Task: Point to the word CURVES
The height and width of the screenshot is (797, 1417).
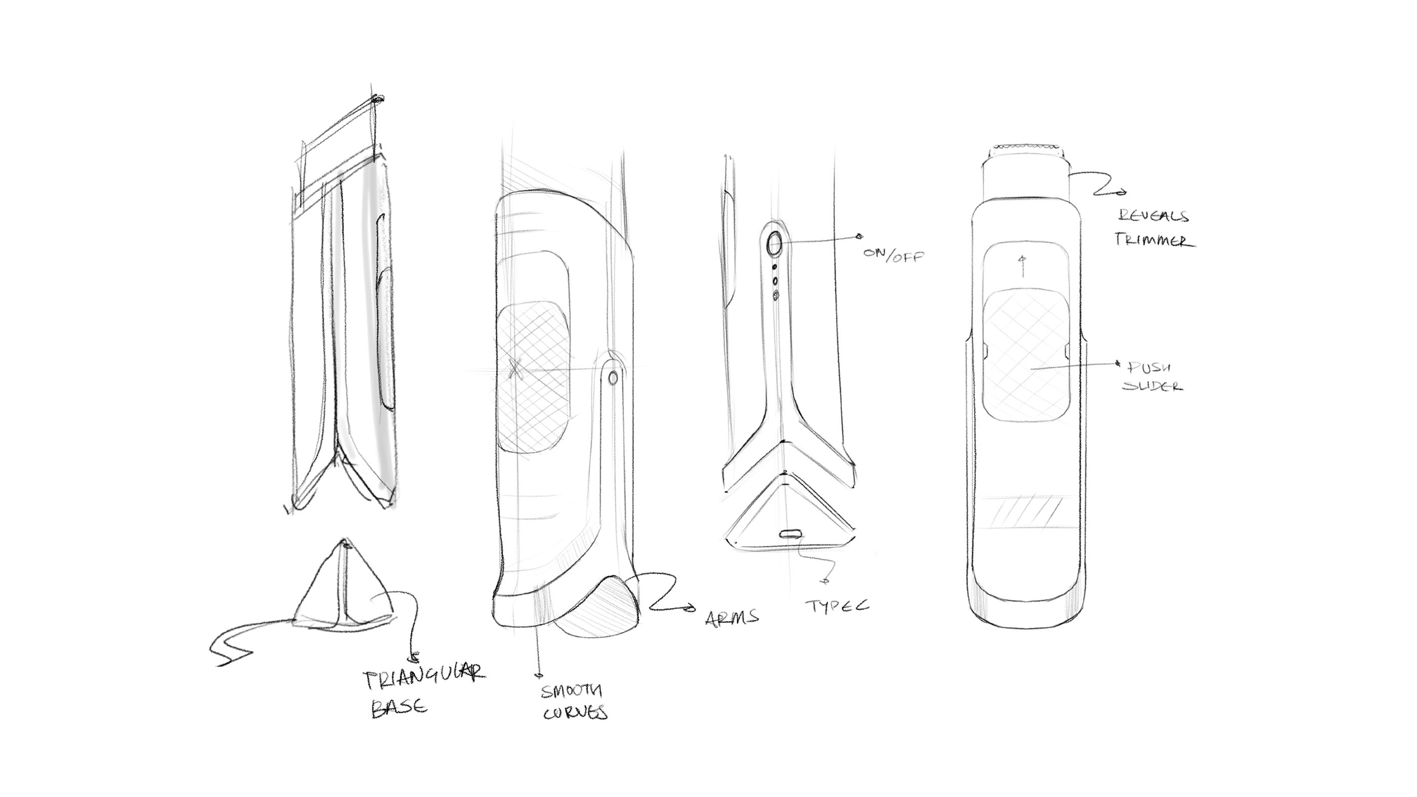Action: (575, 713)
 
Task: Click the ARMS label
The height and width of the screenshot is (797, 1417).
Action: (732, 618)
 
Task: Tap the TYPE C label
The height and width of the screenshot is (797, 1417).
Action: (837, 606)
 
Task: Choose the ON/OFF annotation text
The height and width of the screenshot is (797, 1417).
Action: (893, 255)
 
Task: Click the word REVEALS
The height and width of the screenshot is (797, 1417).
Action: (1152, 216)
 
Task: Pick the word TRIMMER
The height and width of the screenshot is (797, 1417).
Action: (1154, 240)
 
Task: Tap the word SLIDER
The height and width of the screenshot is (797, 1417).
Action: (1152, 386)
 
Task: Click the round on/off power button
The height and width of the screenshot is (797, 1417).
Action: (774, 242)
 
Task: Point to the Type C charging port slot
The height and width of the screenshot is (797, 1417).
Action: (790, 533)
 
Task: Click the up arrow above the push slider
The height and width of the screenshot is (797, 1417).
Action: (1023, 266)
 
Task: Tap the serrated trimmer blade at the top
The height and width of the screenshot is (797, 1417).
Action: (1025, 147)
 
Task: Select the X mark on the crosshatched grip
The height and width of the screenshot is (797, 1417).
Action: (515, 368)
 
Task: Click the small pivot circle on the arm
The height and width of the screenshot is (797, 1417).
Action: (612, 377)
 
